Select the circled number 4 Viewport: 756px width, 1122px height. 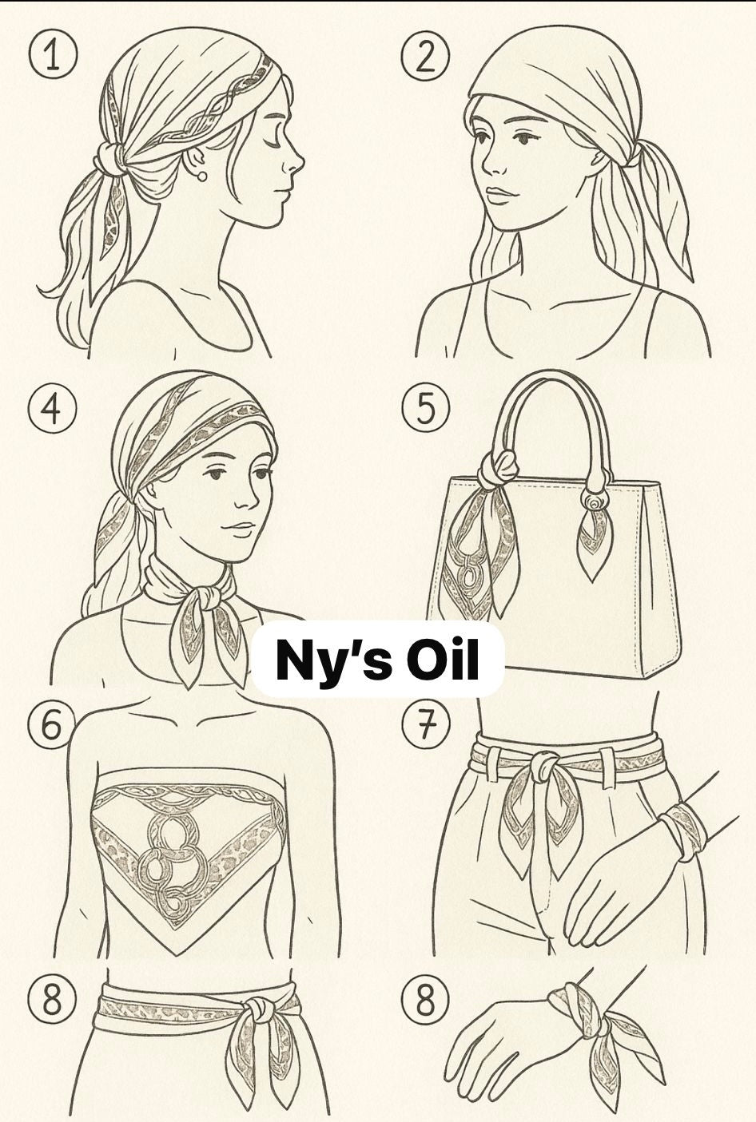pos(52,408)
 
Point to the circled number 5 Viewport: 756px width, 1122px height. pos(425,408)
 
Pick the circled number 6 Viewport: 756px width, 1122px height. pos(52,726)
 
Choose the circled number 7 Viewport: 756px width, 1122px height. pos(425,726)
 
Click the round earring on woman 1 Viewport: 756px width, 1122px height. pos(201,176)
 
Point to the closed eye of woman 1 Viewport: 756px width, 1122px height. pos(275,143)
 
